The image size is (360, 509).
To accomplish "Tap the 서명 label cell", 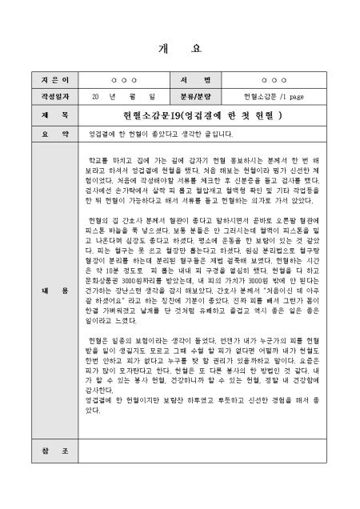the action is pyautogui.click(x=201, y=81).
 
